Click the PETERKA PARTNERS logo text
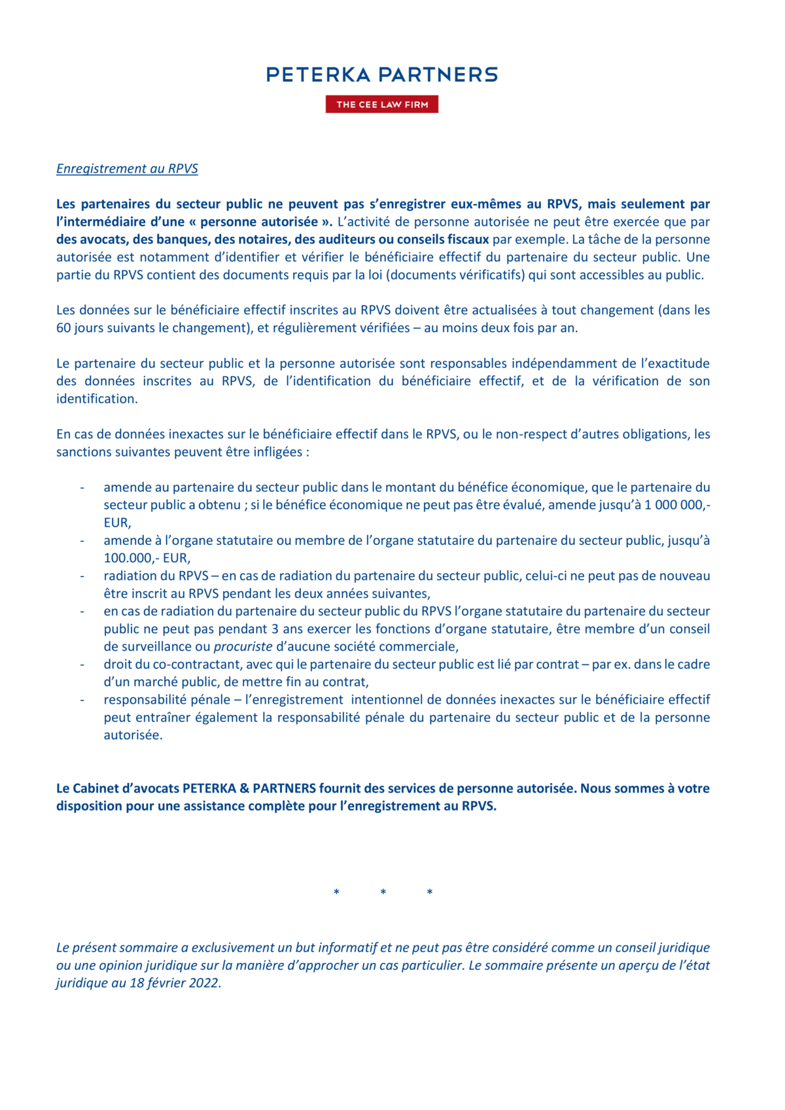click(381, 75)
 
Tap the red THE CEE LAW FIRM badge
click(382, 105)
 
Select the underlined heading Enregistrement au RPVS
click(127, 169)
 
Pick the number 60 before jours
click(63, 328)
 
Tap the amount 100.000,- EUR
click(147, 558)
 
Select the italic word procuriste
click(243, 647)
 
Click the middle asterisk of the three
click(383, 893)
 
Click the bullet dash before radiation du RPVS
click(82, 576)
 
